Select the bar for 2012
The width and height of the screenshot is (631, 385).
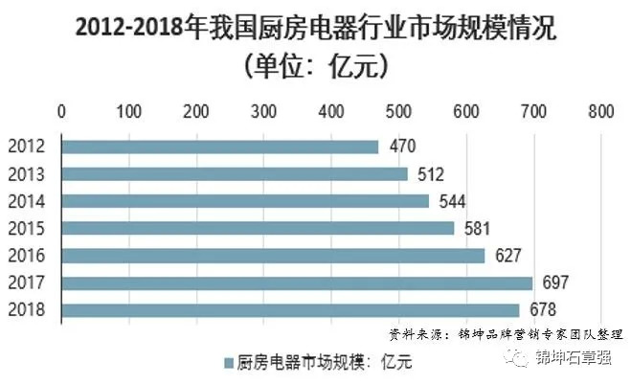click(x=220, y=147)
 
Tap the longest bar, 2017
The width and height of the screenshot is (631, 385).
click(x=296, y=283)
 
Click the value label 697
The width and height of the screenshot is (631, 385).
click(x=556, y=283)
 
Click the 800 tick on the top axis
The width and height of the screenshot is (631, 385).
click(x=601, y=111)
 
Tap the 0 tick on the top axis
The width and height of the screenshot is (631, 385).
click(x=61, y=111)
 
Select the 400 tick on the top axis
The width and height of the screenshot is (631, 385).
click(x=331, y=111)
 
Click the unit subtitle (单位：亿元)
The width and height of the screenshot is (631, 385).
click(x=316, y=67)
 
